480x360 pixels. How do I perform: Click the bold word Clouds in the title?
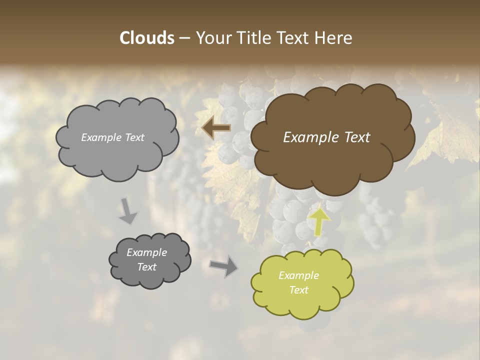[146, 38]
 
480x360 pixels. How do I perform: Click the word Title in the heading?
[252, 38]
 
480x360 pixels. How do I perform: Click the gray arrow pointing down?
[127, 210]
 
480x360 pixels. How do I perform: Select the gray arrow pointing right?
[224, 266]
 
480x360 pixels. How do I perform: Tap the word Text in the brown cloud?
[356, 137]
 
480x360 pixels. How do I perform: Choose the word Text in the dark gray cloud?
[147, 267]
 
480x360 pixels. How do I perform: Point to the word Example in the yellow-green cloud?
[298, 275]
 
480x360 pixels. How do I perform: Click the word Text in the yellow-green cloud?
[298, 290]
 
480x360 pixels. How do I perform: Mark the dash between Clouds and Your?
[184, 38]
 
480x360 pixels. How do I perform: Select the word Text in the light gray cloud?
[134, 137]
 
